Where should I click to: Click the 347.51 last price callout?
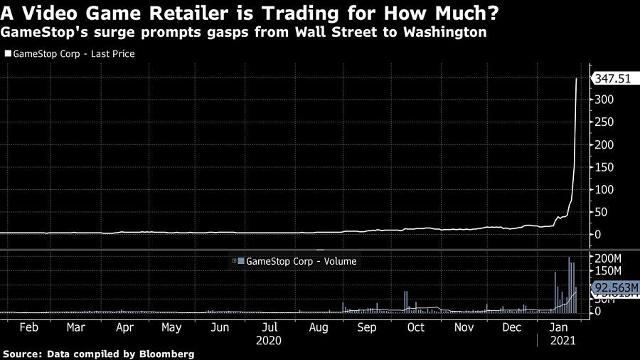pyautogui.click(x=612, y=79)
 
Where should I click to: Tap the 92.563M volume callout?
pyautogui.click(x=612, y=287)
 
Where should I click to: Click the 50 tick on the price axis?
pyautogui.click(x=601, y=212)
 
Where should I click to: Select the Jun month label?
pyautogui.click(x=220, y=328)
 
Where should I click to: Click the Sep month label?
pyautogui.click(x=366, y=328)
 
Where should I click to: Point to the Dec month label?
pyautogui.click(x=512, y=328)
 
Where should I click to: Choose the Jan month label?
pyautogui.click(x=561, y=328)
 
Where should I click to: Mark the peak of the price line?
pyautogui.click(x=576, y=78)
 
